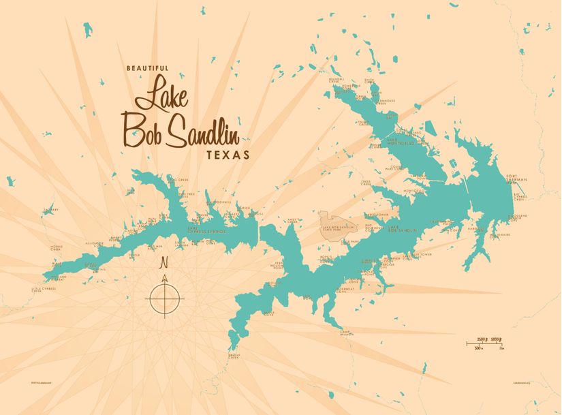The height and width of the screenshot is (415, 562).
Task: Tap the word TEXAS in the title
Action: point(228,155)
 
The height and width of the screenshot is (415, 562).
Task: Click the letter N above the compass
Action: point(163,263)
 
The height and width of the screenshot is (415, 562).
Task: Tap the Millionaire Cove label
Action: point(501,235)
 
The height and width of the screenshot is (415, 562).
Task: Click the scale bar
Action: point(485,343)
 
